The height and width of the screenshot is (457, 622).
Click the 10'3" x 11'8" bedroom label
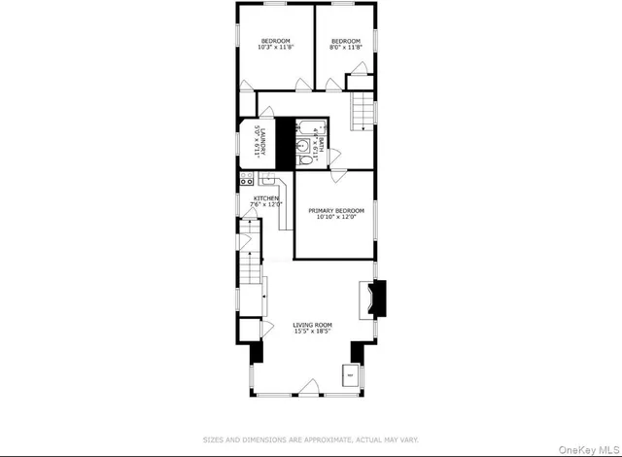point(275,44)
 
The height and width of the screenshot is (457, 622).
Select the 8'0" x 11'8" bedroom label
point(345,44)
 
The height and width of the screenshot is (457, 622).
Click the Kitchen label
point(265,201)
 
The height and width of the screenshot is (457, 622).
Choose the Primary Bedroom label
point(335,214)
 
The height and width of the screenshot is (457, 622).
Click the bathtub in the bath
point(309,126)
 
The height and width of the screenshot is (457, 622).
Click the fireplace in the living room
point(373,299)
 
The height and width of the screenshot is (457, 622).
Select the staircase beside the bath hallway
point(363,109)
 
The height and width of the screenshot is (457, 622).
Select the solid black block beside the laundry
point(285,144)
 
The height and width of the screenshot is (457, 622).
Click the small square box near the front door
point(348,374)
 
